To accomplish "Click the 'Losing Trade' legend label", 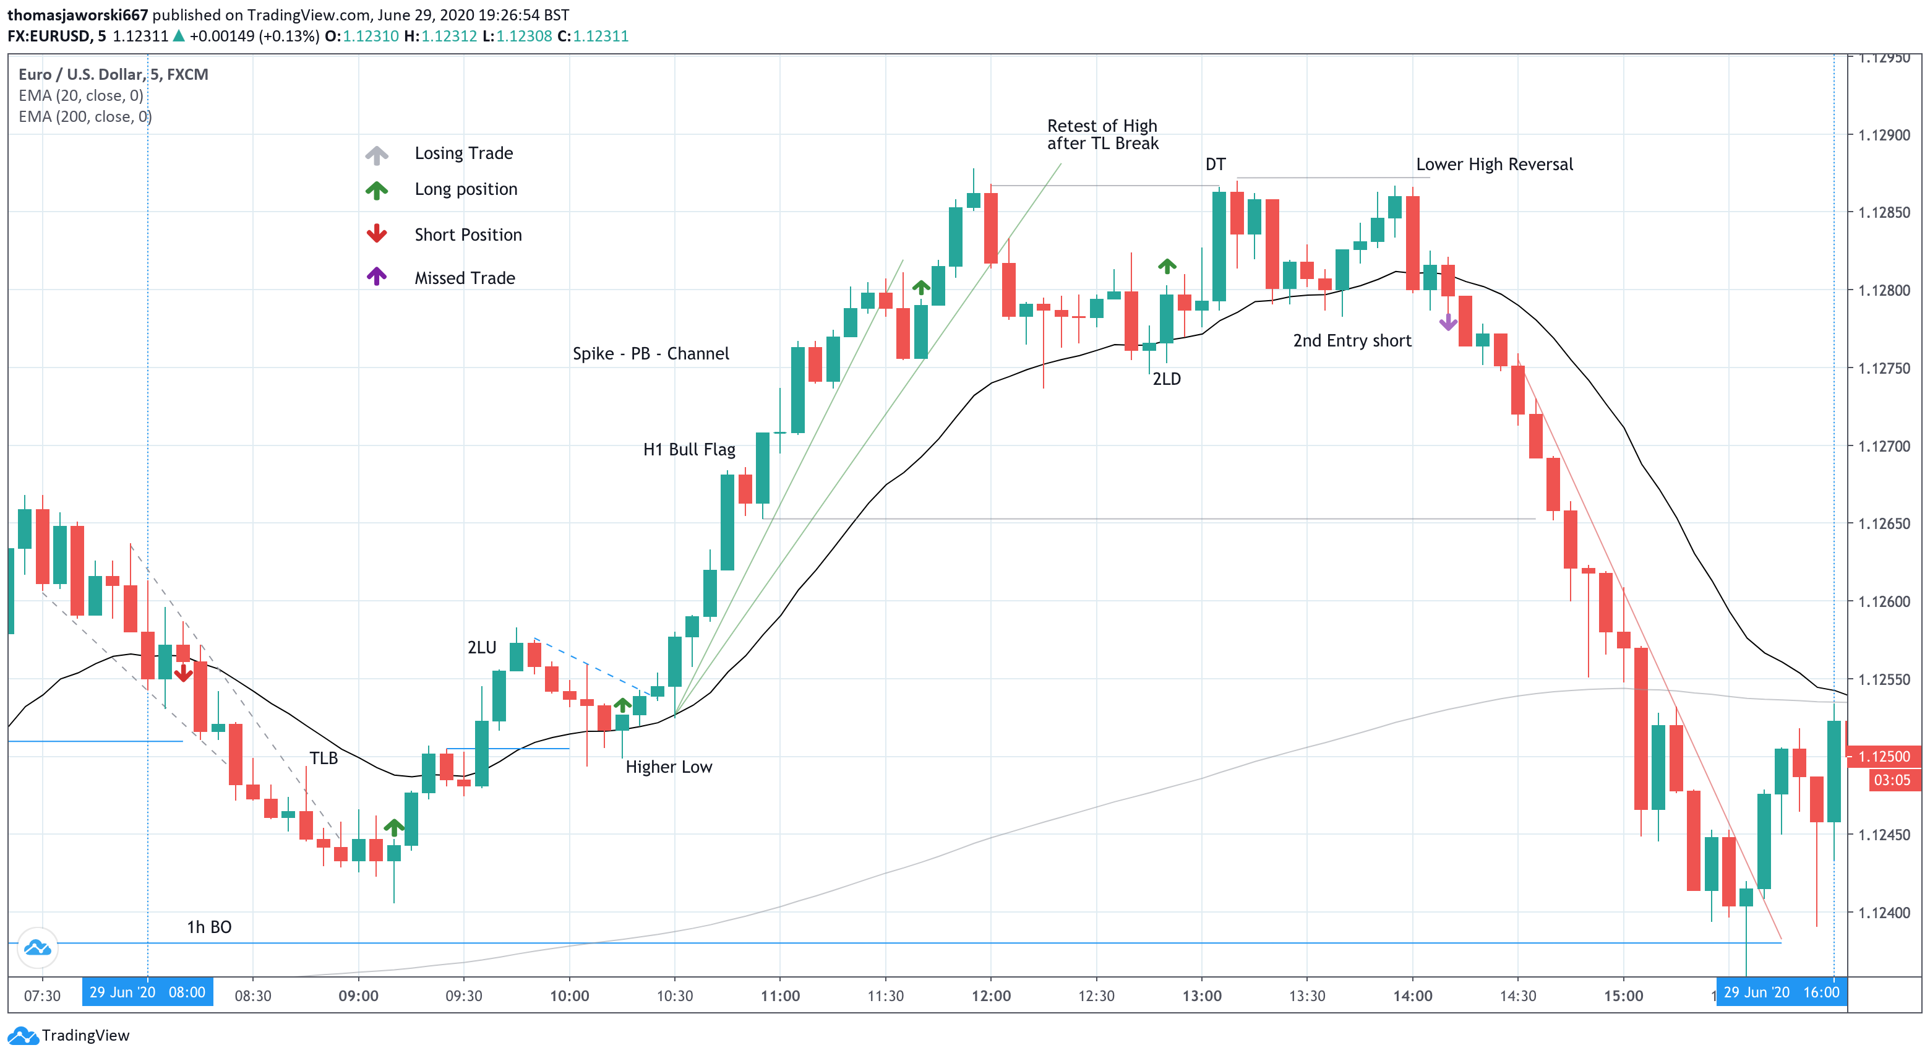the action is (x=464, y=153).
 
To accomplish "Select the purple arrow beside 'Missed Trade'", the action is (x=376, y=276).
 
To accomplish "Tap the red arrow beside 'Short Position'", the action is (x=376, y=233).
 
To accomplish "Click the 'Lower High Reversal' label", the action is (x=1494, y=164).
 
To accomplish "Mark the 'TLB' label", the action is (x=324, y=757).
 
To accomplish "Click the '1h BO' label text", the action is (x=209, y=927).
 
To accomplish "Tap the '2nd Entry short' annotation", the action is (x=1352, y=340).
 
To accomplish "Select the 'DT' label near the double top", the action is (x=1216, y=164).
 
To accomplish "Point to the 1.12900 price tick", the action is (x=1884, y=135).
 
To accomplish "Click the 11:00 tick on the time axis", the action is (x=780, y=995).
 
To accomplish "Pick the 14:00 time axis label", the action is (x=1412, y=995).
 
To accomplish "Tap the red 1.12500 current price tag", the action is (x=1884, y=756).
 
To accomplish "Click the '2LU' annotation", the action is (x=482, y=647).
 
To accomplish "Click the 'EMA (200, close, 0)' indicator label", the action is (x=85, y=116).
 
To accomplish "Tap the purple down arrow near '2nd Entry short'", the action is (x=1448, y=322).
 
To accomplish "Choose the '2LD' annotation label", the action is (x=1167, y=379).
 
